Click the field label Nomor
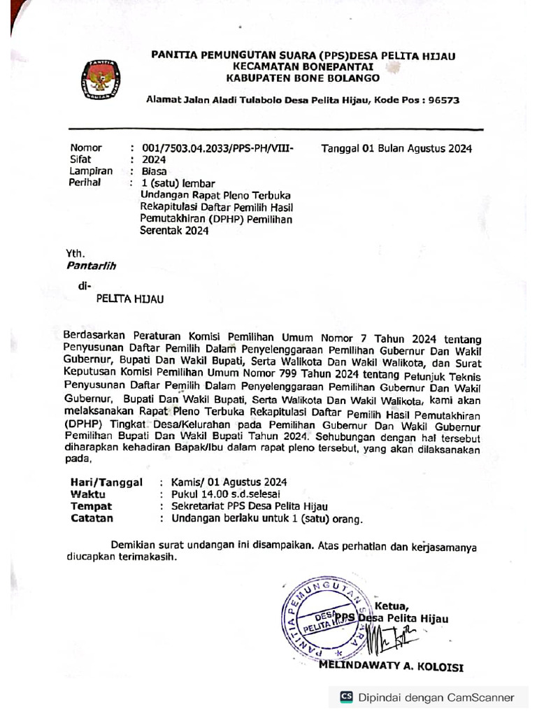point(86,148)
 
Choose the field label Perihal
point(85,182)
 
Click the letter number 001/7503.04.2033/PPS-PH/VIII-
point(217,148)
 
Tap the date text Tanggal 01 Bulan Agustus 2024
point(396,148)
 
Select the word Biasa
point(155,171)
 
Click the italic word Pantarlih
point(91,266)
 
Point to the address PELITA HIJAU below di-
point(129,299)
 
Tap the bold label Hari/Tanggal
point(106,482)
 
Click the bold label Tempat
point(91,506)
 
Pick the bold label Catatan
point(92,518)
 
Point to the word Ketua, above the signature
point(392,606)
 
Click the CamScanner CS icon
point(347,696)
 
